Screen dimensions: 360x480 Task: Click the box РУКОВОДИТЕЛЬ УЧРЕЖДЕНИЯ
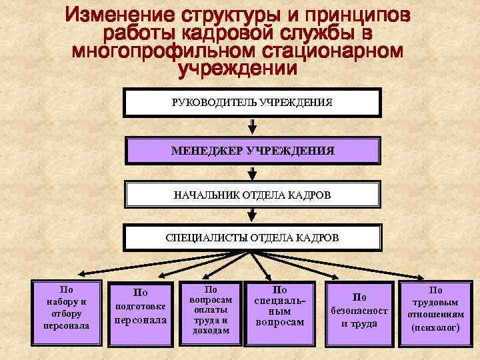252,103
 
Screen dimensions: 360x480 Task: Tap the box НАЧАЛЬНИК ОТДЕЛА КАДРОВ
252,195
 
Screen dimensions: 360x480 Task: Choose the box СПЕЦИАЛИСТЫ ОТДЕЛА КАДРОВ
252,237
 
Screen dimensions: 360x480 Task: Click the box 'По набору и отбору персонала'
67,308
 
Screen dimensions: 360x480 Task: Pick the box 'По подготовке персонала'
141,309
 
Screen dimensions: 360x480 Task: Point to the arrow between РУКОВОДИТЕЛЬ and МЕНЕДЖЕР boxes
252,126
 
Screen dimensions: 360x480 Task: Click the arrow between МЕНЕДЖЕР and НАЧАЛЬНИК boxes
252,173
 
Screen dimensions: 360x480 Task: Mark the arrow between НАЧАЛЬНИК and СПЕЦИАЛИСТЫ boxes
252,215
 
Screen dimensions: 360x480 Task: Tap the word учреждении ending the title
237,68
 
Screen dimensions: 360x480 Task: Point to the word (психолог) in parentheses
435,328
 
